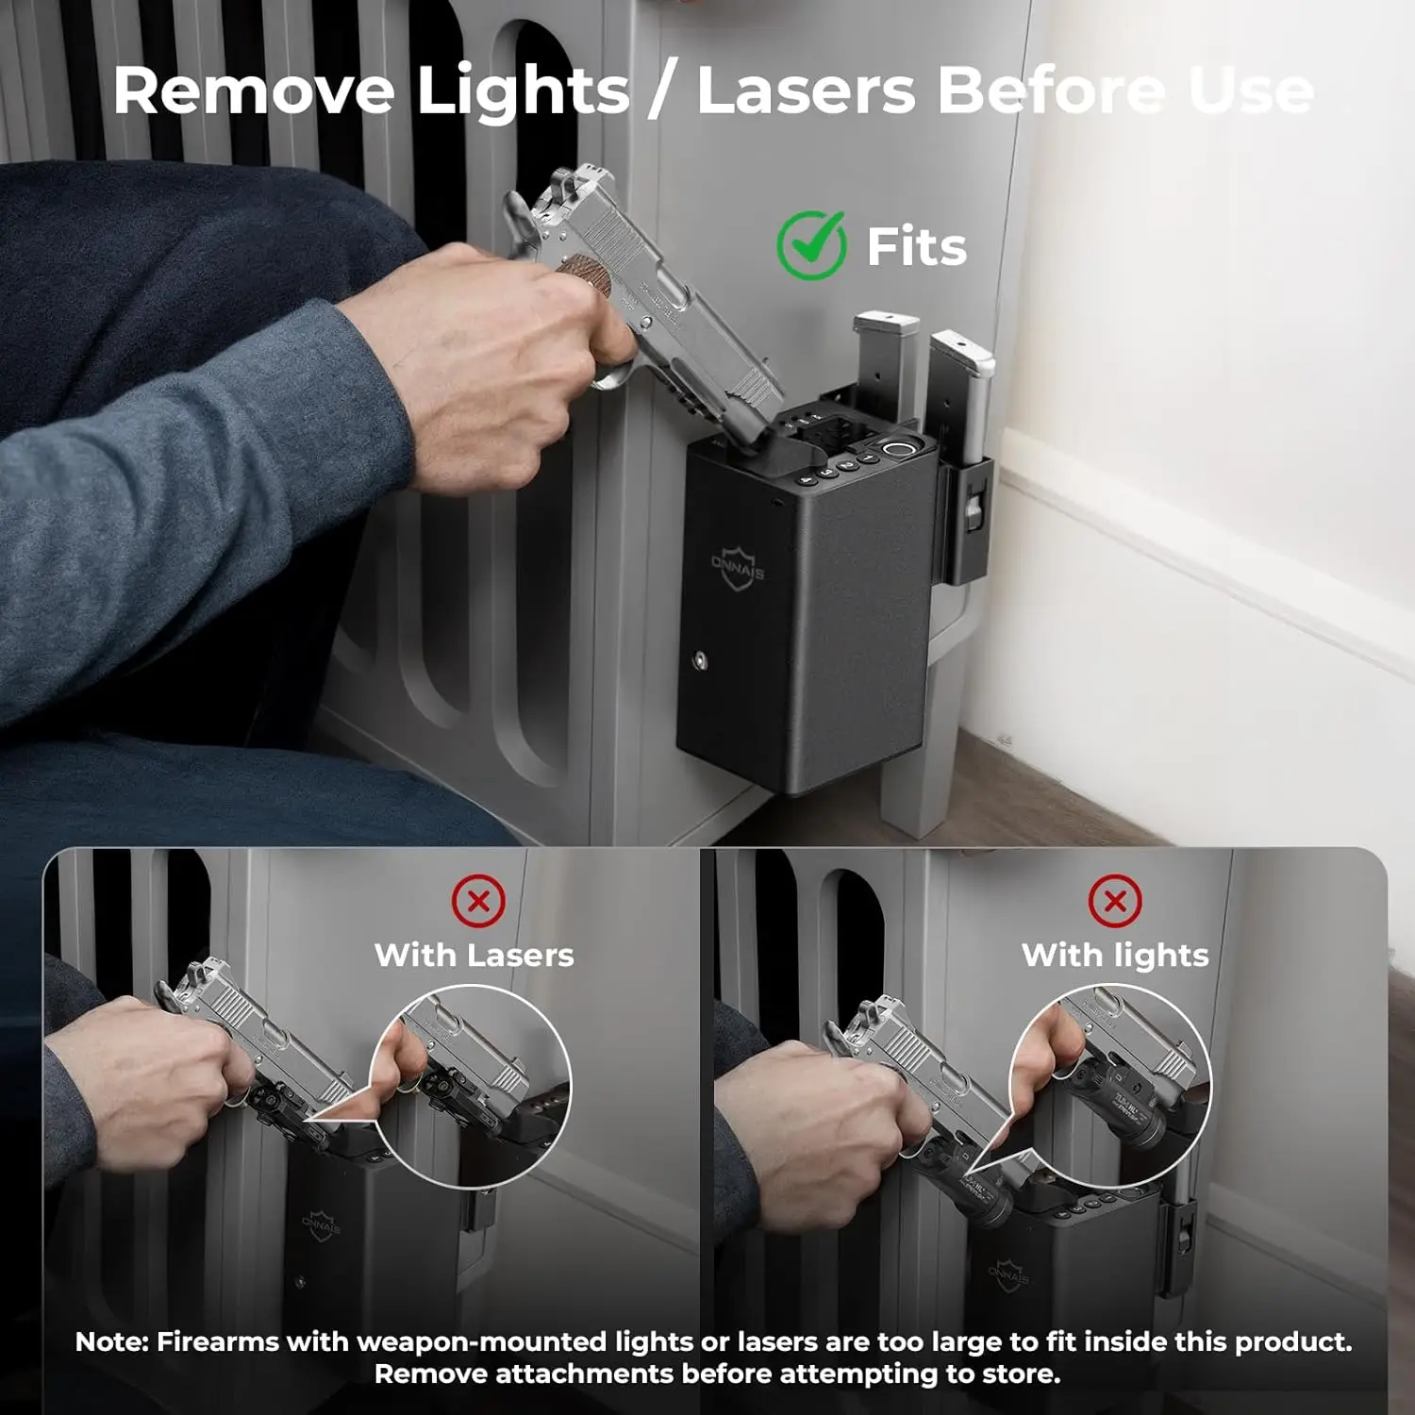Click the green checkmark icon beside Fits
[810, 245]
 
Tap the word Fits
[916, 247]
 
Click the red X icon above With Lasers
[478, 901]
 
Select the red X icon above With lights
[1115, 901]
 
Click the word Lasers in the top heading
[806, 92]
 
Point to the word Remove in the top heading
[253, 92]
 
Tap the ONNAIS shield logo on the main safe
[738, 566]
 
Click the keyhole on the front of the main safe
[700, 660]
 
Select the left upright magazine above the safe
[885, 363]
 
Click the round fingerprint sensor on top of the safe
[900, 447]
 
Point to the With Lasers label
[474, 955]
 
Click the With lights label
[1115, 955]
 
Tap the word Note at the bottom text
[110, 1341]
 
